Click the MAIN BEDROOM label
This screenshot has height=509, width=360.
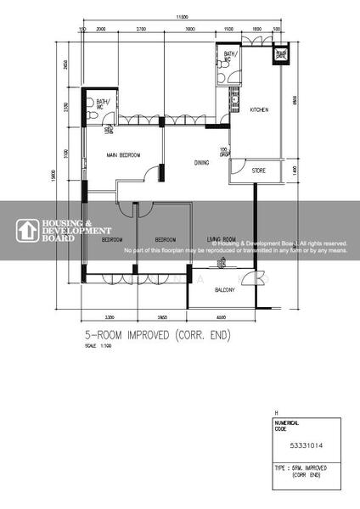(x=123, y=155)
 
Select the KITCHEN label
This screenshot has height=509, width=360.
(x=260, y=110)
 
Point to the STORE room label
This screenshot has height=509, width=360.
(x=259, y=171)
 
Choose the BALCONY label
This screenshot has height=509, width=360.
(x=224, y=290)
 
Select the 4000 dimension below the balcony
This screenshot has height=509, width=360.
(x=222, y=316)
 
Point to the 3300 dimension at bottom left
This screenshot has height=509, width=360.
(x=110, y=316)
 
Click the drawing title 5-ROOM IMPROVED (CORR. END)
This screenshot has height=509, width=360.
(x=157, y=336)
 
